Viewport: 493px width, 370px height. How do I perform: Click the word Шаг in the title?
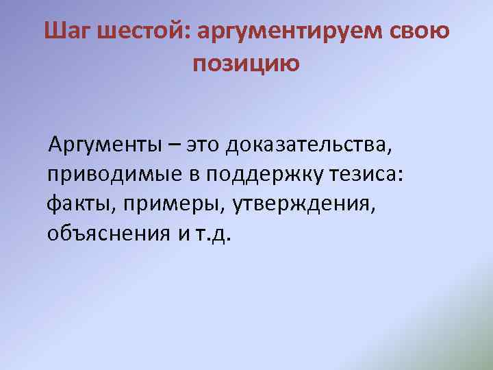(x=70, y=32)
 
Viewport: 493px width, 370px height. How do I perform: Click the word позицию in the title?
(x=246, y=64)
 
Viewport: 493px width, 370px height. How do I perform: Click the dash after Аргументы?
(x=177, y=145)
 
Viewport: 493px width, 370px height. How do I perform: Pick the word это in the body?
(x=206, y=145)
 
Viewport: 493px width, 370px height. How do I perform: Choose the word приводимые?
(x=112, y=175)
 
